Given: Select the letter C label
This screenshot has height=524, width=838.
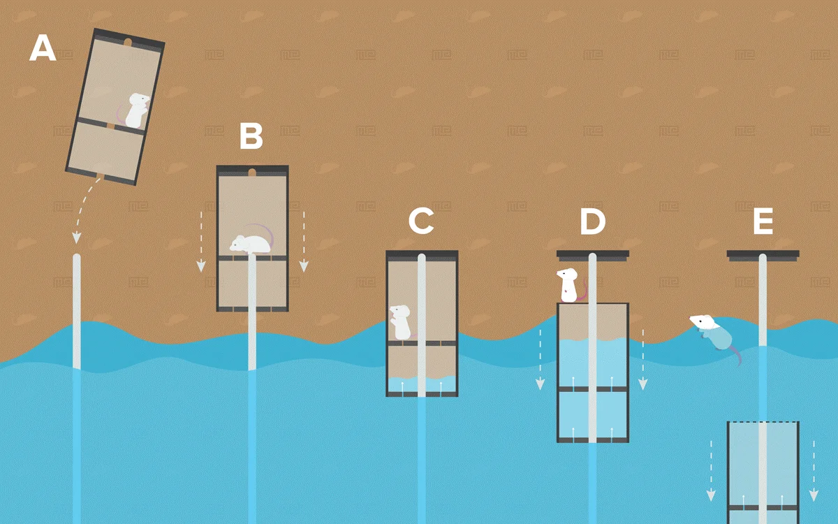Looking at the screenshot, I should pos(421,221).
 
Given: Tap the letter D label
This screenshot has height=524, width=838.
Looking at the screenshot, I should pos(592,221).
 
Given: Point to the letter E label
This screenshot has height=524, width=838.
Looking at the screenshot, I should pos(763,221).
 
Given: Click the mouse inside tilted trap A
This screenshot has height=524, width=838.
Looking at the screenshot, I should pos(137,110).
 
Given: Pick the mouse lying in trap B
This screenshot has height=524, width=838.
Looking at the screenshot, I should pos(250,243).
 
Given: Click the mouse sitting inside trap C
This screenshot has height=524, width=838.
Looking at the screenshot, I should pos(400,320).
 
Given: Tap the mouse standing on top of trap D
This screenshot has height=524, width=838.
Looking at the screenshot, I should pos(568,285).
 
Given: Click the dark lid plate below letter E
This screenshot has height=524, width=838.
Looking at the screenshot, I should pos(763,254).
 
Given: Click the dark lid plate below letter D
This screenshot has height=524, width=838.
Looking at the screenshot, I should pos(592,254).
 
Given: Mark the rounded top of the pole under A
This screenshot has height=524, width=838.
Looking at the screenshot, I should pos(77,259).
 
